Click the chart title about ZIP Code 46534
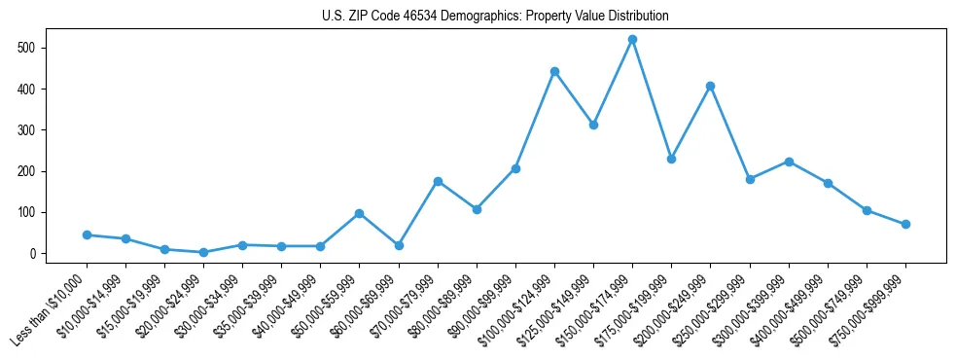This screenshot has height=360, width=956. (x=495, y=17)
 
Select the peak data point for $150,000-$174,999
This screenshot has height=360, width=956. (x=632, y=40)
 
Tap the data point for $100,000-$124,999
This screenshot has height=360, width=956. (x=554, y=71)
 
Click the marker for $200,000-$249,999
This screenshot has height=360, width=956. (x=710, y=86)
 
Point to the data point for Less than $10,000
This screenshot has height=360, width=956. (x=87, y=234)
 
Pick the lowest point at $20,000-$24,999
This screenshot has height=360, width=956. (x=203, y=252)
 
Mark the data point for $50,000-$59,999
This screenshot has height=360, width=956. (x=359, y=213)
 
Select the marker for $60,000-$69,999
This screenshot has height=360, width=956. (x=399, y=245)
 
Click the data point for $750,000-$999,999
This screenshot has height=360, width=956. (x=905, y=224)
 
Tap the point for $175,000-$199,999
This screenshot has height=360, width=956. (x=671, y=159)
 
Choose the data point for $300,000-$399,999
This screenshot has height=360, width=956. (x=789, y=162)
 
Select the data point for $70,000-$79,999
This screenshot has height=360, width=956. (x=438, y=181)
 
